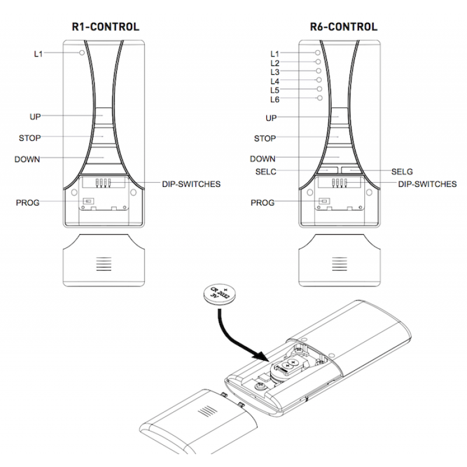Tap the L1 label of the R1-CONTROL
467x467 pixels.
(x=39, y=54)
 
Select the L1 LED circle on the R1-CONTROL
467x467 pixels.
(x=82, y=53)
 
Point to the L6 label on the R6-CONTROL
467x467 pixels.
(x=275, y=100)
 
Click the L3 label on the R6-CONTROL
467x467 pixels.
(x=275, y=72)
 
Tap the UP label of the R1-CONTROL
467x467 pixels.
(x=36, y=117)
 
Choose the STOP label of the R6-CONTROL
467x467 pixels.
(x=264, y=139)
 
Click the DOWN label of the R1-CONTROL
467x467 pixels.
(x=27, y=159)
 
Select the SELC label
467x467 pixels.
(x=266, y=172)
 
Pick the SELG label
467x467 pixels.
(x=402, y=172)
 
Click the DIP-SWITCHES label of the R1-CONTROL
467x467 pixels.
(x=191, y=184)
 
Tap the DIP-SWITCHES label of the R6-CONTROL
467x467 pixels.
(x=427, y=184)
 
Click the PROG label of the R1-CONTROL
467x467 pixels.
(x=27, y=203)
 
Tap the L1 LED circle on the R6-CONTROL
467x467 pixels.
(x=319, y=52)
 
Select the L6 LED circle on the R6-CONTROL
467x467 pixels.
(x=319, y=99)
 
